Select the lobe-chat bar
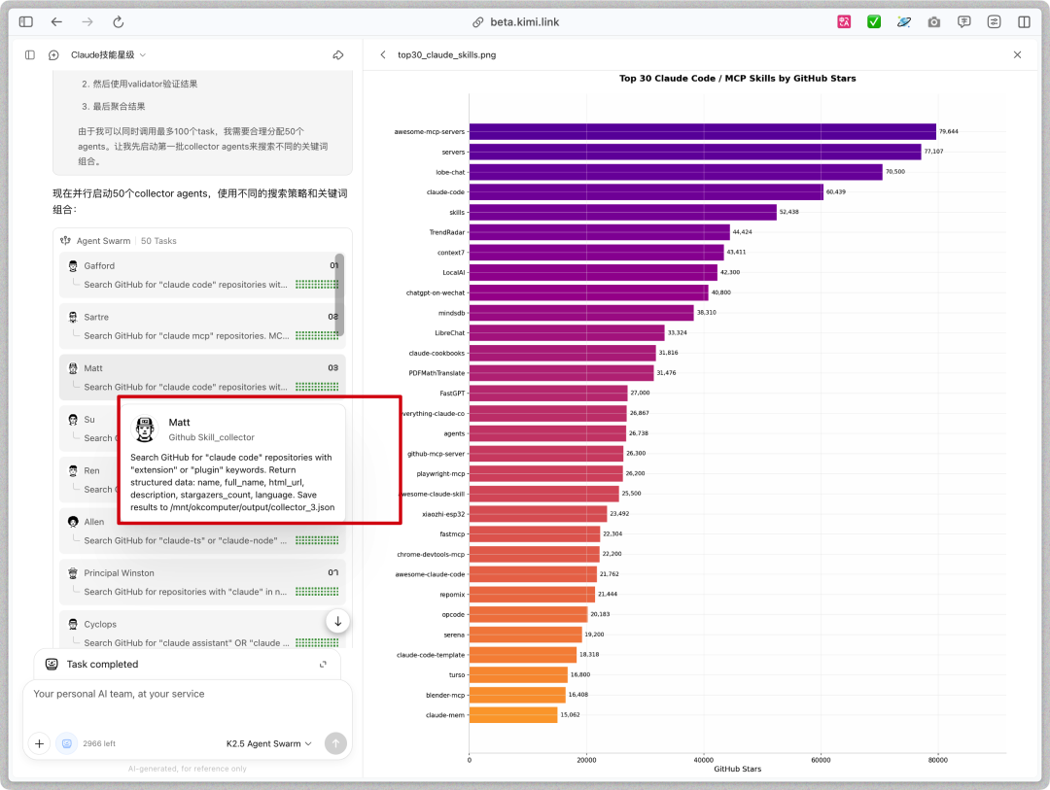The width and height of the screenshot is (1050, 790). point(676,172)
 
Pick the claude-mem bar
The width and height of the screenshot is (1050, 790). point(513,715)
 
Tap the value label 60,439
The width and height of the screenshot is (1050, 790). point(836,192)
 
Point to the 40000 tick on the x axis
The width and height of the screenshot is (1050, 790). point(703,759)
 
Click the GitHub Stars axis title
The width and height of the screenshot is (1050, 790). point(737,769)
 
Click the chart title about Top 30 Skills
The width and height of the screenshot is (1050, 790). point(737,79)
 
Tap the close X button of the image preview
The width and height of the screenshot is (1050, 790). point(1018,55)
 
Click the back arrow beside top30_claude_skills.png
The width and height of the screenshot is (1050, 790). point(383,55)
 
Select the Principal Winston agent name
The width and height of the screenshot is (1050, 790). point(119,573)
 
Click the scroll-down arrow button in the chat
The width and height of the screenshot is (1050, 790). point(337,621)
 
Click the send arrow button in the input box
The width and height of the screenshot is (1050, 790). point(335,743)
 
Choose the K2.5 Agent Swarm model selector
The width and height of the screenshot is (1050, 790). point(268,743)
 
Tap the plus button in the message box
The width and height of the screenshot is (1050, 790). point(39,743)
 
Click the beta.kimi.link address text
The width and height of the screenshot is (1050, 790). point(524,21)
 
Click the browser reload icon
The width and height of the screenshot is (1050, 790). point(119,21)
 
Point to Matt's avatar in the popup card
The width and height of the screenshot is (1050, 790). point(144,429)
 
